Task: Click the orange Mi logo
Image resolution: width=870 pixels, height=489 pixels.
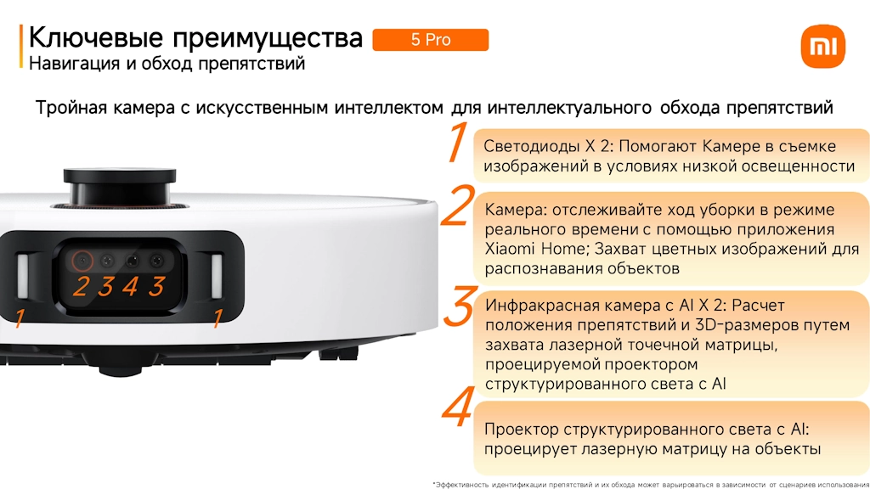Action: pos(822,46)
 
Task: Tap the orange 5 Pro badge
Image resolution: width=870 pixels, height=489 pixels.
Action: pos(431,40)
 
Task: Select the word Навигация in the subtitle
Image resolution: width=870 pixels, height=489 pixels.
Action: pos(75,63)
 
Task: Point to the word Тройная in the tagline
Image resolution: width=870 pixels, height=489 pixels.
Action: pos(71,107)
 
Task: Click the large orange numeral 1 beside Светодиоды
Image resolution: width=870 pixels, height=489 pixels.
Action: pos(458,142)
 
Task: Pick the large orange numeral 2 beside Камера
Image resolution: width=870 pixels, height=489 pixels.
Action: pos(458,206)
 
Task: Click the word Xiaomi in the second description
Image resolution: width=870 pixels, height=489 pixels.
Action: pos(510,249)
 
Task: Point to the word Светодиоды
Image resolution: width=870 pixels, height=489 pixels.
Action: pos(532,146)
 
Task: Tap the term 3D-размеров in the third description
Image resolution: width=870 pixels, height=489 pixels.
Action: pos(734,325)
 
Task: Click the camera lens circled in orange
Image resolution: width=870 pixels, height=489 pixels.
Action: pos(82,260)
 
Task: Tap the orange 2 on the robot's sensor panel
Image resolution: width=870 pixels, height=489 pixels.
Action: pos(81,287)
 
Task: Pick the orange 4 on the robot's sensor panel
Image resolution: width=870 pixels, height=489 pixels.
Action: pos(130,287)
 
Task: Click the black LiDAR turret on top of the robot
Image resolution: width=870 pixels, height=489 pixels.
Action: pos(119,187)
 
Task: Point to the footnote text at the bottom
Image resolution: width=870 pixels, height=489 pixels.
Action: pos(650,485)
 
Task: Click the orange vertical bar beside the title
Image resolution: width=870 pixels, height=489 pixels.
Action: pos(21,47)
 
